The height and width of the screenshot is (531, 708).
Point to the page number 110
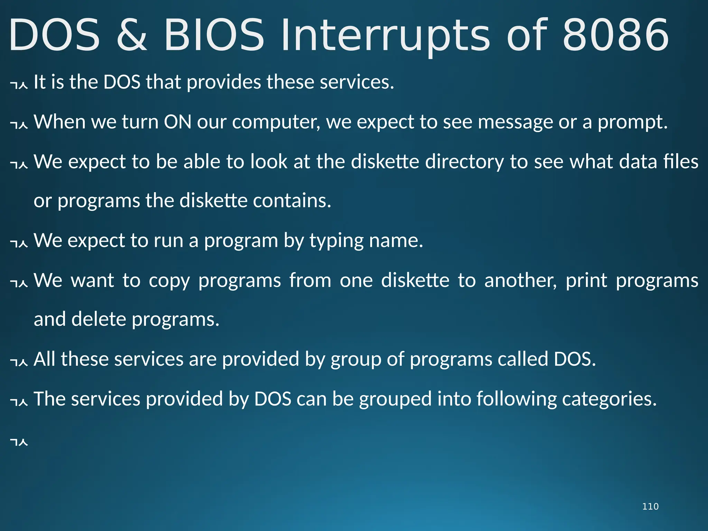coord(650,506)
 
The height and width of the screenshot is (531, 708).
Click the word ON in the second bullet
coord(177,122)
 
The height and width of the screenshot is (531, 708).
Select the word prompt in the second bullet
coord(632,122)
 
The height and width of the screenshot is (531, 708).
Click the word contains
coord(291,201)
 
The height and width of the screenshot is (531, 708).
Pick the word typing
coord(336,241)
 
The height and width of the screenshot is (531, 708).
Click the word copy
coord(169,281)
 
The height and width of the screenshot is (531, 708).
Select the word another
coord(520,280)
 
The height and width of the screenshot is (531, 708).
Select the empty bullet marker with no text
coord(19,442)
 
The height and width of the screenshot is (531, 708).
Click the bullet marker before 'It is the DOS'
coord(19,84)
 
